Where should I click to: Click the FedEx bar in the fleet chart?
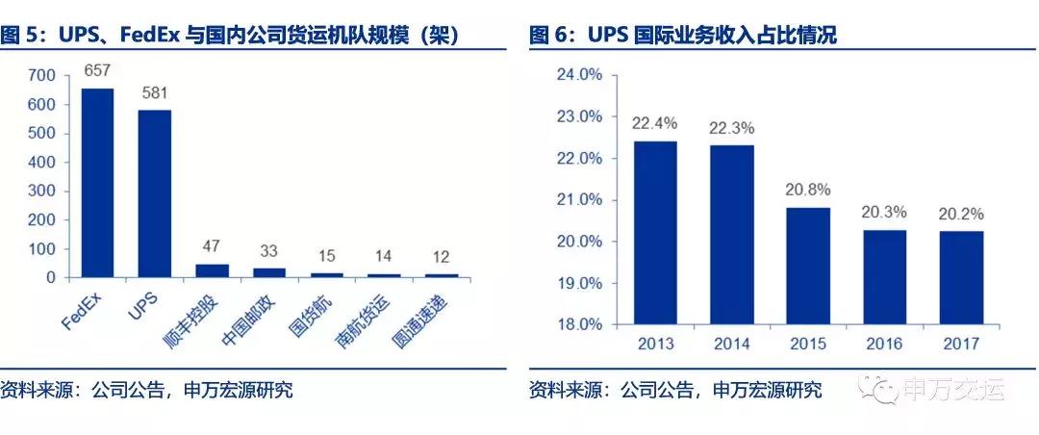pyautogui.click(x=97, y=183)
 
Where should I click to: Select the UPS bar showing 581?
pyautogui.click(x=154, y=193)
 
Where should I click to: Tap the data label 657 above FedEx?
pyautogui.click(x=97, y=71)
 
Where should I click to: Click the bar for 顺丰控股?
pyautogui.click(x=213, y=270)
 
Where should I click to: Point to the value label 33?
pyautogui.click(x=269, y=251)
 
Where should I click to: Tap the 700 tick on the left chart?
pyautogui.click(x=44, y=75)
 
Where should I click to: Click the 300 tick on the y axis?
pyautogui.click(x=44, y=191)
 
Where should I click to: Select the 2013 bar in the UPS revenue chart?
pyautogui.click(x=655, y=232)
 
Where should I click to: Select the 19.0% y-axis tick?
pyautogui.click(x=580, y=283)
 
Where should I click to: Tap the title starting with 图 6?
pyautogui.click(x=683, y=37)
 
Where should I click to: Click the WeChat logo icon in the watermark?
pyautogui.click(x=878, y=390)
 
